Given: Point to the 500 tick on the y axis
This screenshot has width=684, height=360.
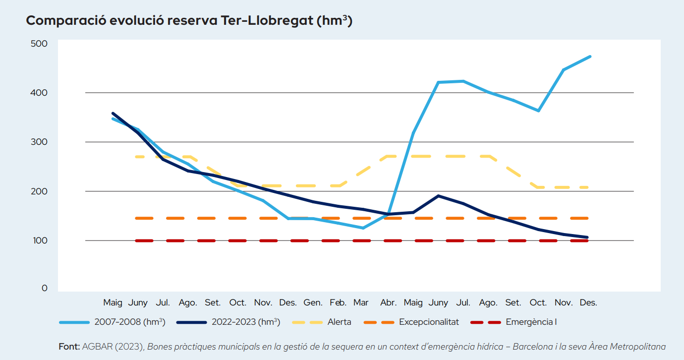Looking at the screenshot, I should [38, 44].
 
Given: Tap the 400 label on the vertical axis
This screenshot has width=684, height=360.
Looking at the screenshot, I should [38, 93].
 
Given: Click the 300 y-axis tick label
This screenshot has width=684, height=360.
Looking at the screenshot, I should [38, 142].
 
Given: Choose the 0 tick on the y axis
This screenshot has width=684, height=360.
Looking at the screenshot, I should [44, 288].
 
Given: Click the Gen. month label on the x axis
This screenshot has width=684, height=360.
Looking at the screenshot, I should [313, 302].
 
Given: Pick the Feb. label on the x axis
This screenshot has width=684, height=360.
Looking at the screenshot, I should [338, 302].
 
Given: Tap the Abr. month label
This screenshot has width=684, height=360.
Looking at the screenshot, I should [388, 302].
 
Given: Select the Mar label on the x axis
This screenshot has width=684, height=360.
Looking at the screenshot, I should [361, 302].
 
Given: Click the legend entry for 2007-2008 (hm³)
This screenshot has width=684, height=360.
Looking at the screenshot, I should [129, 322].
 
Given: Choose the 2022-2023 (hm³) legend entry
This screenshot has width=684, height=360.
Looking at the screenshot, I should [246, 322].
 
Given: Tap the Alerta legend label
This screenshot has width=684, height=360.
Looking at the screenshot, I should [340, 322].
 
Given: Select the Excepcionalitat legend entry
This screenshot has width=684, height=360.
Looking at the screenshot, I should [429, 322].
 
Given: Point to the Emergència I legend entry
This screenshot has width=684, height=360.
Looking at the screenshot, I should [531, 322].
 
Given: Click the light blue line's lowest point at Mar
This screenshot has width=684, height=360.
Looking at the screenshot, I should [363, 228].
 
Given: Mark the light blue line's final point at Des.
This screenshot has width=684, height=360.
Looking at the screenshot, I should [590, 57].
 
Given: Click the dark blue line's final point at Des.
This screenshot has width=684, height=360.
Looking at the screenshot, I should [588, 238].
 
